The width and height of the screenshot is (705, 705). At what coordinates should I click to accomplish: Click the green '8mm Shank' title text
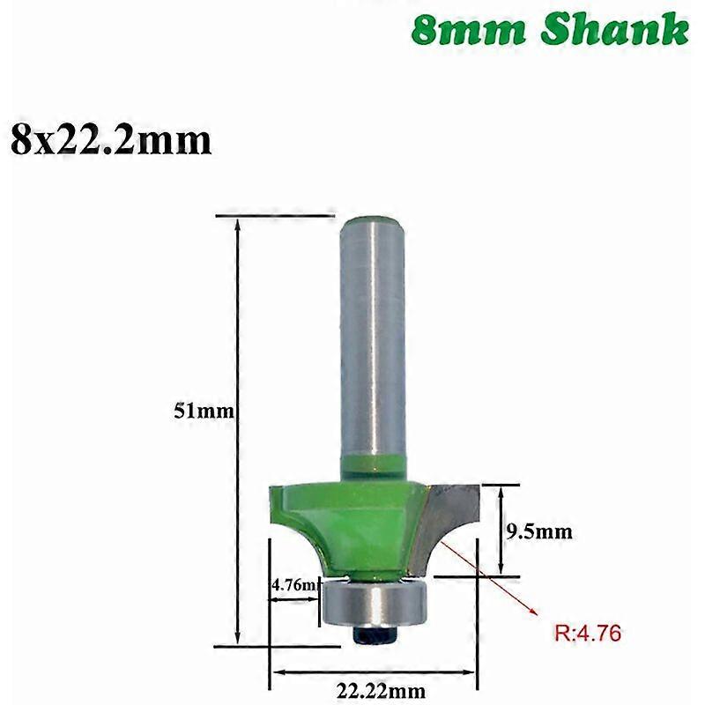pos(549,29)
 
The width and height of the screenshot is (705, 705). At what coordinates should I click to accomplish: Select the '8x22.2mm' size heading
pos(111,140)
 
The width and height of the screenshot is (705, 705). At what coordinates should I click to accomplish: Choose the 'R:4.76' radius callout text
pos(589,632)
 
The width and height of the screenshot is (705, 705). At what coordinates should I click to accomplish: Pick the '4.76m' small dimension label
pos(293,583)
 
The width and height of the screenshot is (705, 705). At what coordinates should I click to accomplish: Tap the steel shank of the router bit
pos(369,344)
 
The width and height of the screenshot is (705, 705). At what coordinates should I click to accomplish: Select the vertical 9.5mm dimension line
pos(501,529)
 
